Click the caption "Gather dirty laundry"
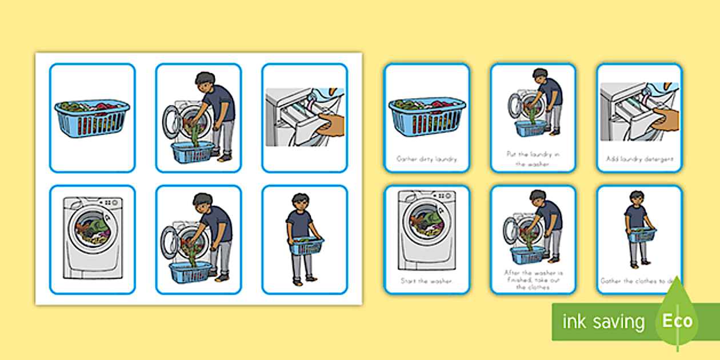pyautogui.click(x=427, y=159)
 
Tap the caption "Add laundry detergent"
pyautogui.click(x=639, y=159)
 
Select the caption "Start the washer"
pyautogui.click(x=427, y=281)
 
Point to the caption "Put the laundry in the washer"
pyautogui.click(x=533, y=158)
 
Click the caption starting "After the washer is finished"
pyautogui.click(x=533, y=280)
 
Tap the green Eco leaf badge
pyautogui.click(x=677, y=320)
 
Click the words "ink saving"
pyautogui.click(x=603, y=322)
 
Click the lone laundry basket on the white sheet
pyautogui.click(x=92, y=118)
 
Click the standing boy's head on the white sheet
pyautogui.click(x=300, y=202)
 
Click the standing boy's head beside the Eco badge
pyautogui.click(x=636, y=198)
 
